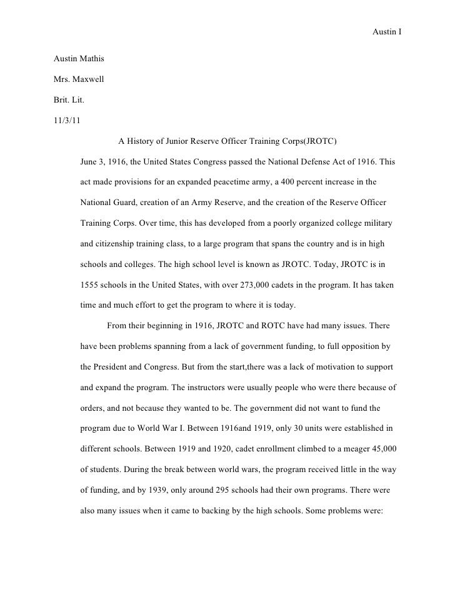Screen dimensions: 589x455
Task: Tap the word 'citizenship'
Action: coord(119,243)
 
